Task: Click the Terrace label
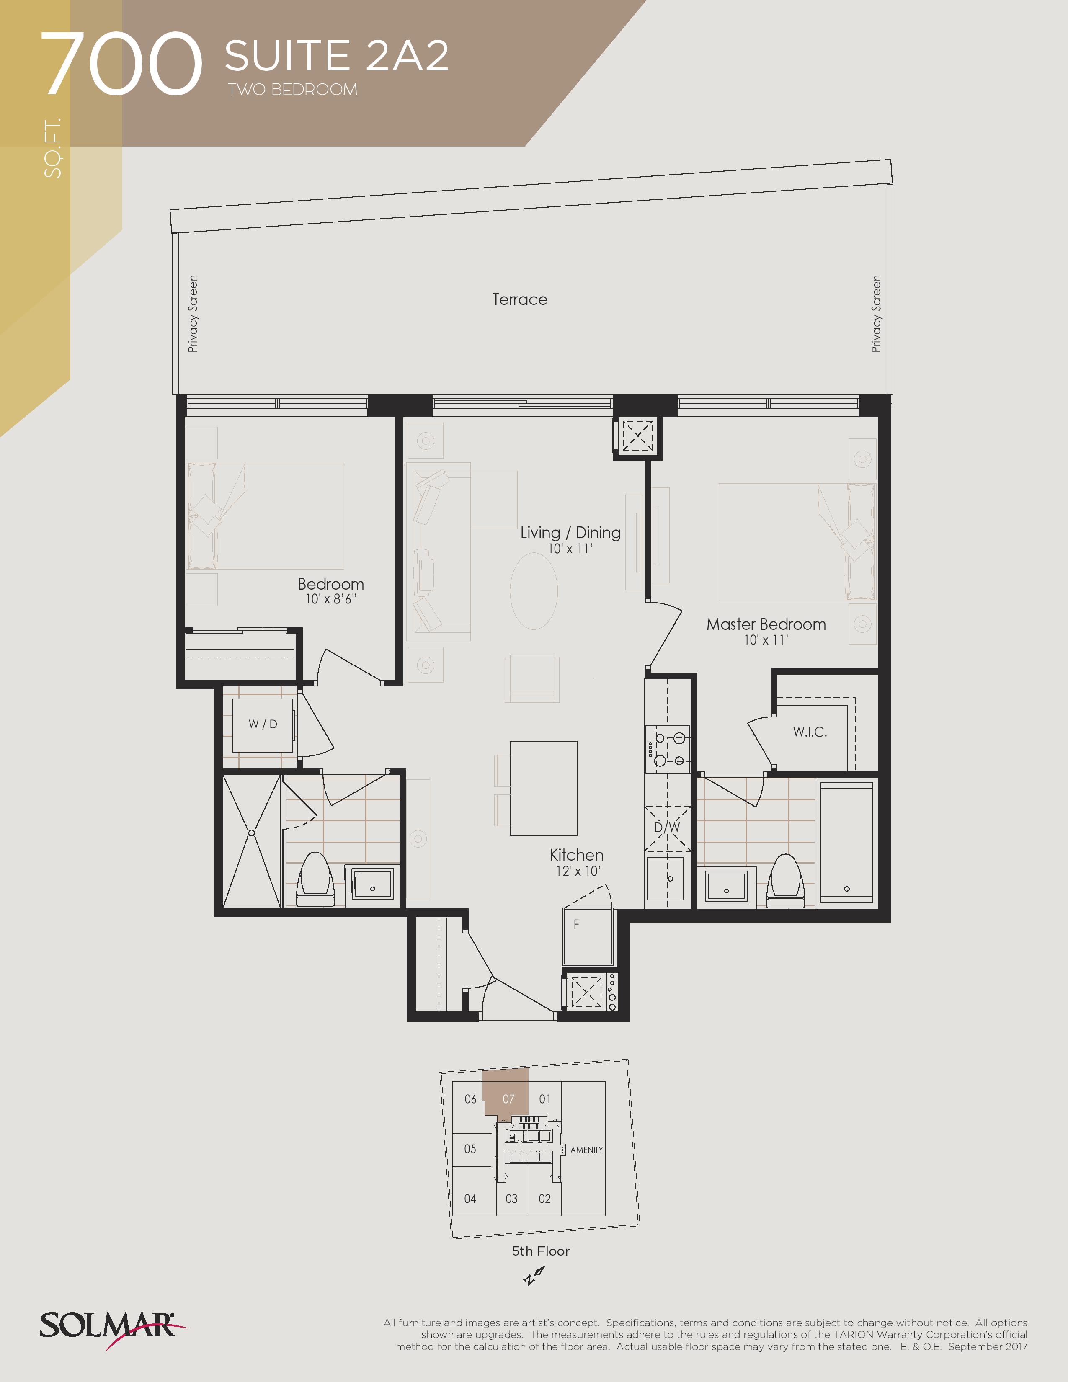click(x=519, y=299)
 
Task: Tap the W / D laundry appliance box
click(x=263, y=725)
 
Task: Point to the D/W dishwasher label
click(x=667, y=827)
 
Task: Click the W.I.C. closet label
click(x=810, y=732)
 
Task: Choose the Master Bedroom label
click(x=766, y=624)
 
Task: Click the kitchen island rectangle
click(x=544, y=789)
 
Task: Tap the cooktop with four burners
click(x=668, y=749)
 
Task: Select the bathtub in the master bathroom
click(x=846, y=842)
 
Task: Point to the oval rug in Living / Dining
click(x=533, y=591)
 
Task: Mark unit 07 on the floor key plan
click(x=508, y=1099)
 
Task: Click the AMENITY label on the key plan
click(x=586, y=1150)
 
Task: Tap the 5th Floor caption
click(x=540, y=1251)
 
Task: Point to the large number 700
click(x=121, y=64)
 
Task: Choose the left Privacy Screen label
click(x=192, y=314)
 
